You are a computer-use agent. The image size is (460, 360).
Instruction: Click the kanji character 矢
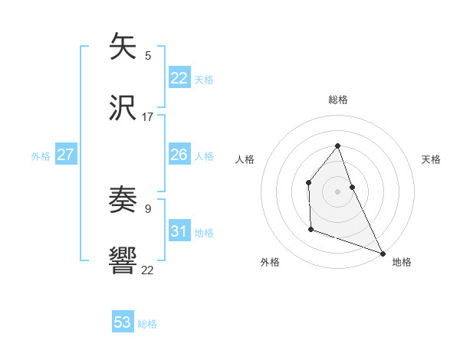(x=123, y=46)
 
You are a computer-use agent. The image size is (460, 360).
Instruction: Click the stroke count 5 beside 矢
(x=148, y=55)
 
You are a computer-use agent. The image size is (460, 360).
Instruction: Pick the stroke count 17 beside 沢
(x=148, y=117)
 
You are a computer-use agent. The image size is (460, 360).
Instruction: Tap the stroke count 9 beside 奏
(x=148, y=208)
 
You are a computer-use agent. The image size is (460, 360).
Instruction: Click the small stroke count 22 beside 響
(x=148, y=270)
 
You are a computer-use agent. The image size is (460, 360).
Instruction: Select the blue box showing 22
(x=179, y=78)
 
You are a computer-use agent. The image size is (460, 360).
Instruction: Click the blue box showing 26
(x=179, y=155)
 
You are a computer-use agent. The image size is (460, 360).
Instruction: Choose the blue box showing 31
(x=179, y=231)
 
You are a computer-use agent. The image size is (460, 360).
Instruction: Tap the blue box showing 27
(x=65, y=155)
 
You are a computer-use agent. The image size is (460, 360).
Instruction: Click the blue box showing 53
(x=123, y=322)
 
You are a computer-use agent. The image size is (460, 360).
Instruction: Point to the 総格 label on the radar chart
(x=338, y=100)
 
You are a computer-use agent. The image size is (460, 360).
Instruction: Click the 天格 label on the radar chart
(x=432, y=159)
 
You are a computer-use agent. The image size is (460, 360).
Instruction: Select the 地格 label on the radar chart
(x=402, y=263)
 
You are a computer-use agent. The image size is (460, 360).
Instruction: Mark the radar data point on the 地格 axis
(x=383, y=253)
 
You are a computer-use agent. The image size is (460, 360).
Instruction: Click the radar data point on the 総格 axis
(x=337, y=146)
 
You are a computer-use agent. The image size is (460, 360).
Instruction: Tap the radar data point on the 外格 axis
(x=310, y=229)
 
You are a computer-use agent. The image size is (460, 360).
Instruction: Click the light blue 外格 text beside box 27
(x=41, y=156)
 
